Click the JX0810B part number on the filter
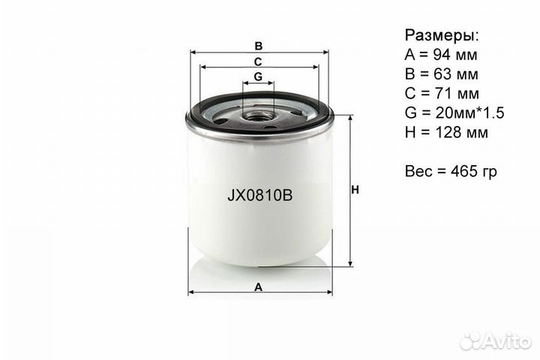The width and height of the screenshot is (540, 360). click(259, 196)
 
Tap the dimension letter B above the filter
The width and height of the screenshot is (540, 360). click(259, 44)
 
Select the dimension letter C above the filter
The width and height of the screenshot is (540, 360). click(258, 61)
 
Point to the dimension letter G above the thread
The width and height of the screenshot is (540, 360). click(258, 76)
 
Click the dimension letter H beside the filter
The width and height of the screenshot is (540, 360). click(355, 190)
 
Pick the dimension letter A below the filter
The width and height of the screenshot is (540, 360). click(259, 286)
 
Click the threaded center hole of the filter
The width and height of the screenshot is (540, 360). click(259, 113)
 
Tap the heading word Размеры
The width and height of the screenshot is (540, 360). click(442, 35)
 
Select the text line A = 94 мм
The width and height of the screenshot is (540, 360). click(441, 55)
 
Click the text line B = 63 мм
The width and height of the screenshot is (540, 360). click(441, 74)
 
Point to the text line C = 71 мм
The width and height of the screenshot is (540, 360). click(441, 94)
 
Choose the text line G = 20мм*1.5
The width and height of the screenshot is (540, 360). click(454, 113)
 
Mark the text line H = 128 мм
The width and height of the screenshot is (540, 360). click(445, 133)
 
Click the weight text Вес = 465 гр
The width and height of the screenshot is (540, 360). click(451, 172)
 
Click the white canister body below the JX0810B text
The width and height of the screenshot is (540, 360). click(259, 232)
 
